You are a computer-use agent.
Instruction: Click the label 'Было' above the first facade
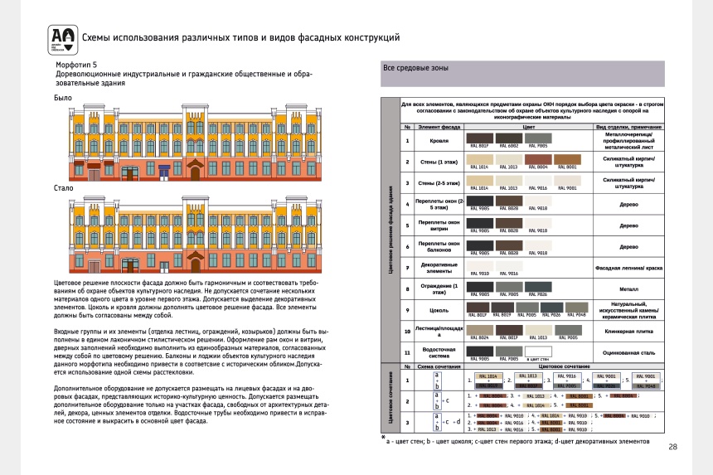coord(63,98)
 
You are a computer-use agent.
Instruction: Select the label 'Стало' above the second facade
coord(65,188)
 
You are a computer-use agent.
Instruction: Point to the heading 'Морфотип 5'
coord(75,64)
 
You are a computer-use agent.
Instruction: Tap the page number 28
coord(672,448)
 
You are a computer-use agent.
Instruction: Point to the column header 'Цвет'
coord(528,127)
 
